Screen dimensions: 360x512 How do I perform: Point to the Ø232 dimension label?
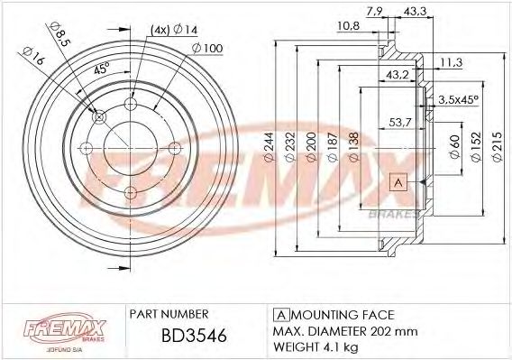coord(288,146)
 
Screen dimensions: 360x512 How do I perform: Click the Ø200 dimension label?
coord(309,146)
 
